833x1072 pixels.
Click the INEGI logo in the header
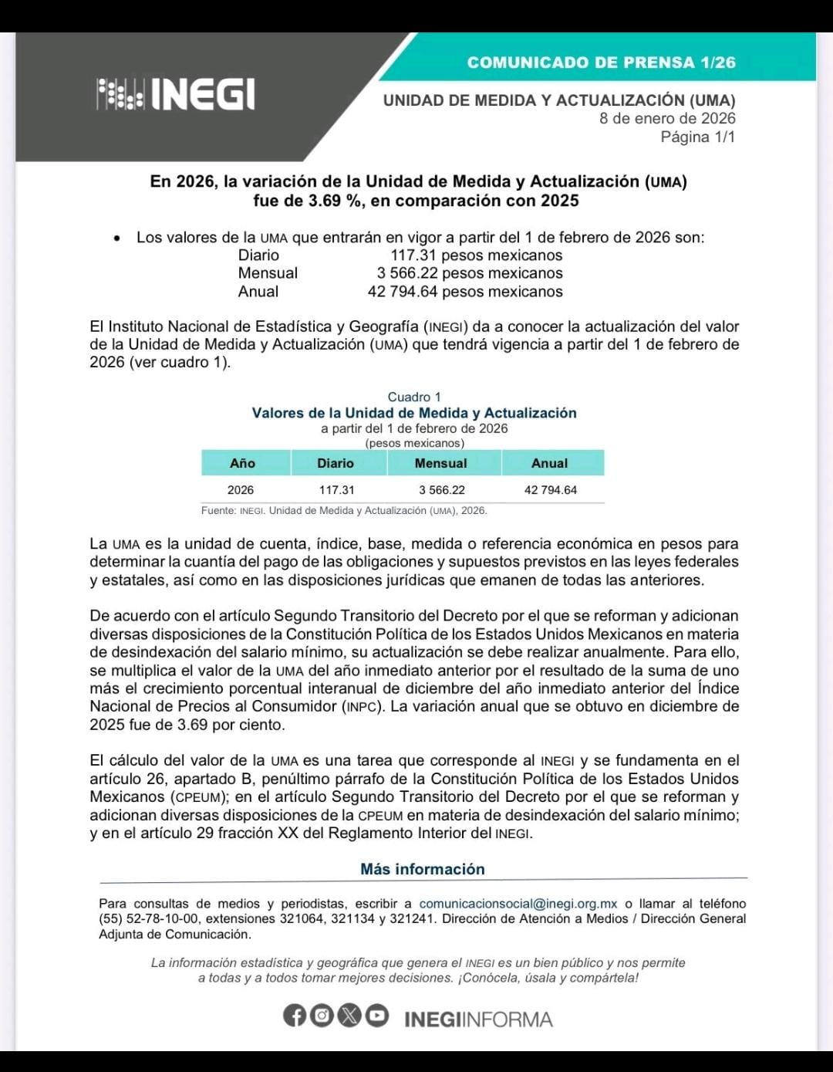point(176,94)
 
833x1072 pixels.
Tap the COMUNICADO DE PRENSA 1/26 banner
point(601,63)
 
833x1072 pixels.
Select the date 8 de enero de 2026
point(667,118)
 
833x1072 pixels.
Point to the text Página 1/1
point(697,137)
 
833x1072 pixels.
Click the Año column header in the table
point(242,463)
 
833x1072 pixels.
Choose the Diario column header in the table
point(336,463)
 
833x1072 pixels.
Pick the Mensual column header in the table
point(440,463)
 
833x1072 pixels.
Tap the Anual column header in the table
point(549,463)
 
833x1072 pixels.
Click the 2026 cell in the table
point(241,490)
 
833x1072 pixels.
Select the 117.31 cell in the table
point(337,490)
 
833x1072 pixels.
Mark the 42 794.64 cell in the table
point(551,490)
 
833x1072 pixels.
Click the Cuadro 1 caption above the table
point(414,397)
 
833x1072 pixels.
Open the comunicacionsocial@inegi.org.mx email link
point(518,904)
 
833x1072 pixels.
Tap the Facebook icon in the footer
point(295,1016)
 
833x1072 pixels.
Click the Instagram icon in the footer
point(322,1016)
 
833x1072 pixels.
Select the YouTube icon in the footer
point(376,1016)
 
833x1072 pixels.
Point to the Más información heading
point(423,869)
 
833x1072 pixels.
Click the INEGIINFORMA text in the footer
point(478,1019)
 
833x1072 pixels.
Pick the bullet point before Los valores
point(116,238)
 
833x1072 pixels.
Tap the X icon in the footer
point(349,1016)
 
